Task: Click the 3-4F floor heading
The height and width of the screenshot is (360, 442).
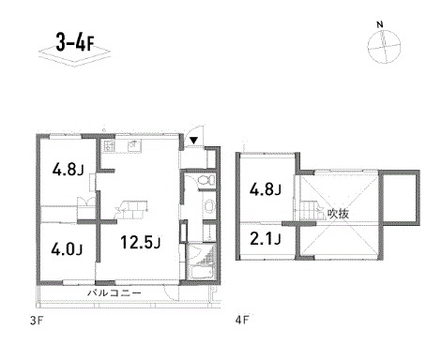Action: click(x=75, y=43)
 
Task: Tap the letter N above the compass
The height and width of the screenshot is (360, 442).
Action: click(x=380, y=24)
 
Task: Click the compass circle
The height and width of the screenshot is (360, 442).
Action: click(x=384, y=47)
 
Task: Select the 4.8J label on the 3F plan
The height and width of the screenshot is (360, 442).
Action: click(x=68, y=170)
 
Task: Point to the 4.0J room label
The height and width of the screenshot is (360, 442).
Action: click(x=67, y=249)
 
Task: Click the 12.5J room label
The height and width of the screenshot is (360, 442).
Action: click(x=141, y=242)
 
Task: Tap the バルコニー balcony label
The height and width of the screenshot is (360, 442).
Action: click(x=114, y=293)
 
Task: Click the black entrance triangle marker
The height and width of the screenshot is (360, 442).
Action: click(x=193, y=141)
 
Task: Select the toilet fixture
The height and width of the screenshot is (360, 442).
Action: click(x=206, y=180)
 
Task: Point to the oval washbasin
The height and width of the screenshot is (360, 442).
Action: click(x=208, y=206)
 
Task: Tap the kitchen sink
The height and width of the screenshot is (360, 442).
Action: click(x=134, y=145)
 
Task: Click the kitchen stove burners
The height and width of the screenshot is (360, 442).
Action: click(x=109, y=145)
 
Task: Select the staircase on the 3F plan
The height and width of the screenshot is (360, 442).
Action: click(x=131, y=209)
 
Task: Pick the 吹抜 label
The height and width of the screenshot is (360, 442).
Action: click(x=338, y=214)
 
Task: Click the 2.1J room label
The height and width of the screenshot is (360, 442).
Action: click(x=265, y=239)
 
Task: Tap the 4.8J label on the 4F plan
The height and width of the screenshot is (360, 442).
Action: click(x=265, y=189)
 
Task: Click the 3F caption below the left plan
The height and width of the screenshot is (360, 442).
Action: click(x=36, y=321)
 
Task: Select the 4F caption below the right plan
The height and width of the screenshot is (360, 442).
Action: click(x=242, y=321)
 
